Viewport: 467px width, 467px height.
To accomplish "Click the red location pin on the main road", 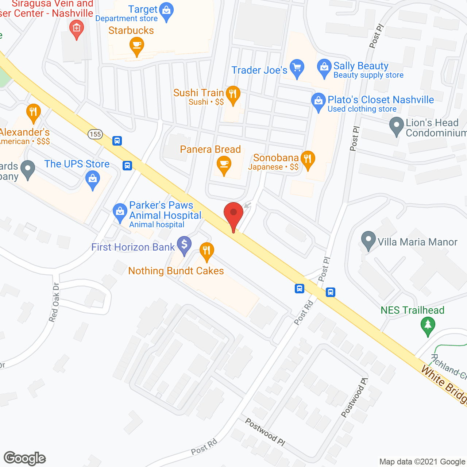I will (x=233, y=213).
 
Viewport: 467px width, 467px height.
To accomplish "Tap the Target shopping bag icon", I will (x=167, y=11).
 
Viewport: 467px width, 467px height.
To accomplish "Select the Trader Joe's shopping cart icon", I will (x=297, y=67).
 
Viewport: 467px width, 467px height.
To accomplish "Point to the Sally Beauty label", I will (x=360, y=66).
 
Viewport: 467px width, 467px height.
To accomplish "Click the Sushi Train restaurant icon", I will (x=232, y=94).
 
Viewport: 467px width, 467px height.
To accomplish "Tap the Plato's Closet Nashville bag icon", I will (x=319, y=101).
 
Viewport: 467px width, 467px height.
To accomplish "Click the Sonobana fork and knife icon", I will (x=308, y=159).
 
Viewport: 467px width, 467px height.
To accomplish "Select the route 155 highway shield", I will (x=95, y=134).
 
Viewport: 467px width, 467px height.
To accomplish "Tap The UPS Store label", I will (x=77, y=164).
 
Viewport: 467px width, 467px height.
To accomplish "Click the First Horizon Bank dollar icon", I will (x=184, y=244).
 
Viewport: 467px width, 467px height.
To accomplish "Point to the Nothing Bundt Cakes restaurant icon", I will (x=207, y=251).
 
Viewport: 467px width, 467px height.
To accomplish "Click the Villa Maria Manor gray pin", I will (x=368, y=240).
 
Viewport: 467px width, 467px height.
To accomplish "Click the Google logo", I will (x=25, y=458).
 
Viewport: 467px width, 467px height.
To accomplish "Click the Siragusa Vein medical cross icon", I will (x=76, y=28).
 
